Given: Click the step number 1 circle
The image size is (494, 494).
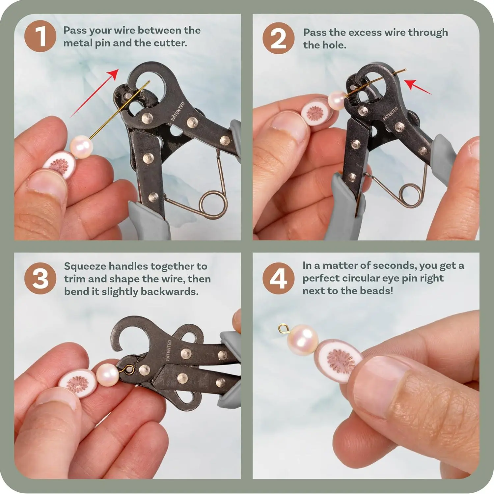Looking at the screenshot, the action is click(40, 36).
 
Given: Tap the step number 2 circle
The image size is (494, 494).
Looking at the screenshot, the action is click(278, 38).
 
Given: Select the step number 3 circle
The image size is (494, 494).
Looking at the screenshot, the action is click(40, 278).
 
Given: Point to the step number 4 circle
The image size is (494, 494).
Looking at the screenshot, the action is click(278, 279).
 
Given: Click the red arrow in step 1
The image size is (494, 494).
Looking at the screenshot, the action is click(94, 93).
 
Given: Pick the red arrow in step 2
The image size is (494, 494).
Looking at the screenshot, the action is click(418, 87).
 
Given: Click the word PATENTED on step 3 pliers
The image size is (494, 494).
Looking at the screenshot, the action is click(169, 350).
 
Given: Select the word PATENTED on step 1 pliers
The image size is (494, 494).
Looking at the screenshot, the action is click(178, 112).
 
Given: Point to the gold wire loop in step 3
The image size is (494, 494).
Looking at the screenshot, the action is click(129, 369).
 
